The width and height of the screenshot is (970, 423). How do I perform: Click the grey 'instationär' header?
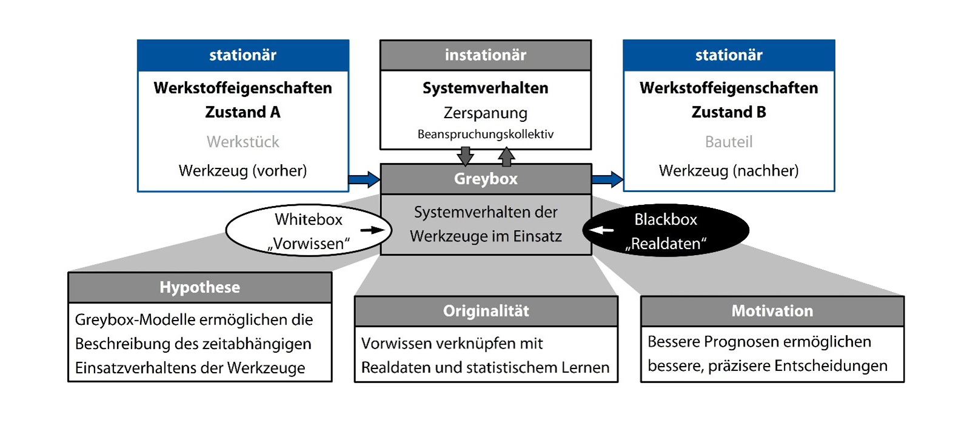point(485,55)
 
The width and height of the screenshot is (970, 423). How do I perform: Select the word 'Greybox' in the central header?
point(486,179)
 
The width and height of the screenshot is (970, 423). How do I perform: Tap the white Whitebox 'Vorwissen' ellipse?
point(309,231)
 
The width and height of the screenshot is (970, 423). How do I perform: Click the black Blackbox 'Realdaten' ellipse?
point(666,231)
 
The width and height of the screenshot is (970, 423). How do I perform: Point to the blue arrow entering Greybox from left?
point(364,179)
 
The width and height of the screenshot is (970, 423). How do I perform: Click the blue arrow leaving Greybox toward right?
point(607,179)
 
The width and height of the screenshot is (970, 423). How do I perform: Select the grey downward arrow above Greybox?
point(465,156)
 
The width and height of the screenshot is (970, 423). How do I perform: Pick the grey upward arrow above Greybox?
point(506,156)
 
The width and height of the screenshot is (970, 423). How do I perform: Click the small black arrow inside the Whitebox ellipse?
point(372,230)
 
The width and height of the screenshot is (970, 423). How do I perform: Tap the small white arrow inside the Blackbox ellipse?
point(601,230)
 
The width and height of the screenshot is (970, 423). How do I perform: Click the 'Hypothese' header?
point(199,287)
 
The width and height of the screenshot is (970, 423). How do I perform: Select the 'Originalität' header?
point(486,311)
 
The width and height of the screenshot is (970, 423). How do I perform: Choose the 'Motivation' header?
point(772,311)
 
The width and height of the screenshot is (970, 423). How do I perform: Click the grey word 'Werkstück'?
point(242,142)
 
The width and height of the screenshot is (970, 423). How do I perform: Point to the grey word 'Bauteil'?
point(728,142)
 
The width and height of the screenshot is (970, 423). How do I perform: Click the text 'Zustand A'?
point(242,112)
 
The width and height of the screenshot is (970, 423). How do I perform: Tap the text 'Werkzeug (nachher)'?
point(728,171)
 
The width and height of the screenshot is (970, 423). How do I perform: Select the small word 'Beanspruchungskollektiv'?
point(485,135)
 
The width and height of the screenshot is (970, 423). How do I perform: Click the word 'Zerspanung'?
point(485,113)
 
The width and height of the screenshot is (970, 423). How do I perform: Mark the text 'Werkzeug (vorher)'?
point(242,171)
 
